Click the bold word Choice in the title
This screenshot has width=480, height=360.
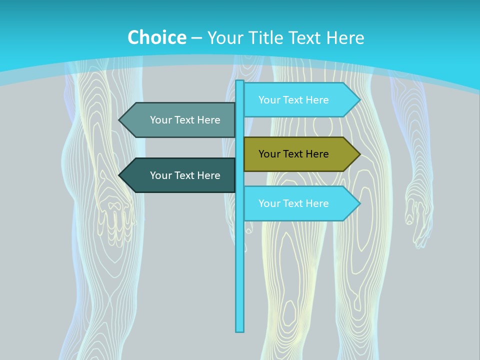pyautogui.click(x=156, y=37)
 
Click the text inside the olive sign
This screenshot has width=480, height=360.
pyautogui.click(x=293, y=154)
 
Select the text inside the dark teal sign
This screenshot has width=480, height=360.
pyautogui.click(x=185, y=175)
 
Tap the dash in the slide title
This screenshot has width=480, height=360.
pyautogui.click(x=196, y=38)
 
